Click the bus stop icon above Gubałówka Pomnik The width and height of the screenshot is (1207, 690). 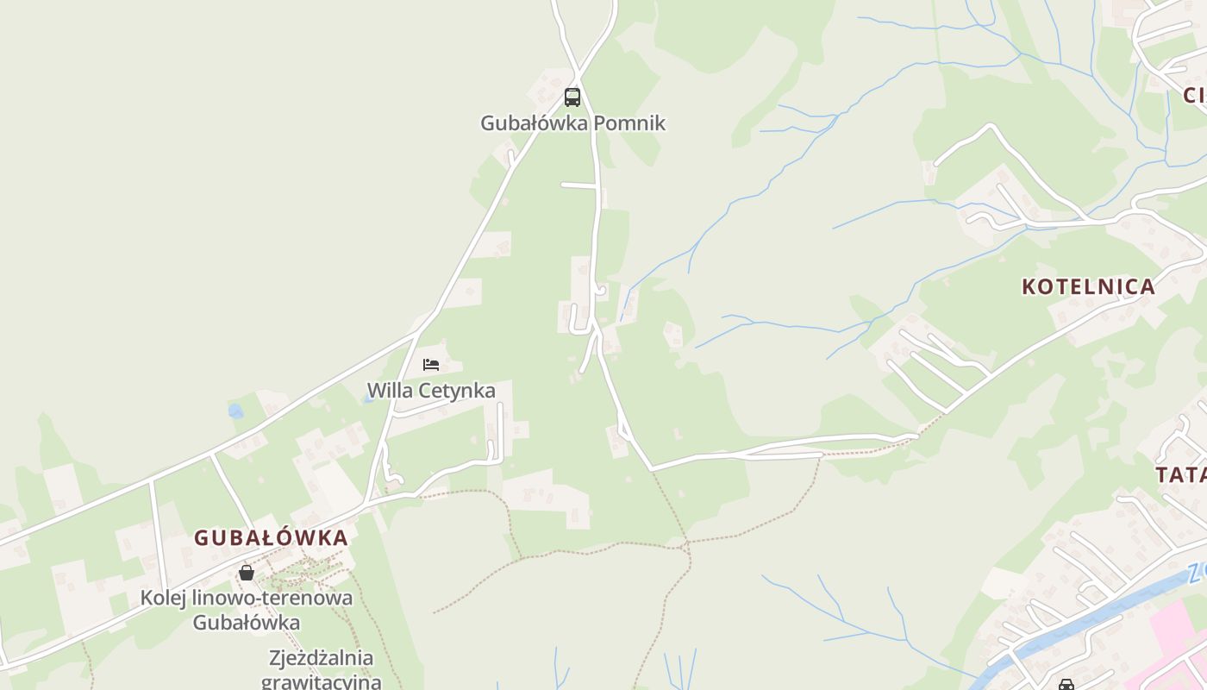coord(572,97)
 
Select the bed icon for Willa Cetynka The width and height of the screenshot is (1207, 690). coord(431,365)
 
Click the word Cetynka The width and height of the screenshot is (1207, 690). coord(457,391)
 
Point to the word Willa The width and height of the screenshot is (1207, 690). coord(391,391)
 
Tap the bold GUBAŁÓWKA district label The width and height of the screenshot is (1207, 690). coord(271,538)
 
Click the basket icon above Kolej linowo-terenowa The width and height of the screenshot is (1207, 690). coord(247,573)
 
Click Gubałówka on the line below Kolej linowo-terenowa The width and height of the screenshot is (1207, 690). coord(246,623)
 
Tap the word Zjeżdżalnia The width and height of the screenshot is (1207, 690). coord(321,659)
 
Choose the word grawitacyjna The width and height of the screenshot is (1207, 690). coord(321,682)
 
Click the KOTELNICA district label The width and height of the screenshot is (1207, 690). coord(1088,287)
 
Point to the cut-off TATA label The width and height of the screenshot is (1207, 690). coord(1181,474)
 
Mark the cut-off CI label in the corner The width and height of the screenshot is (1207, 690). coord(1194,95)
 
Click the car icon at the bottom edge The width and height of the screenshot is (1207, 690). coord(1066,685)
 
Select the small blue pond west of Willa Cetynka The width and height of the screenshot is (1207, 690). coord(235,411)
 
